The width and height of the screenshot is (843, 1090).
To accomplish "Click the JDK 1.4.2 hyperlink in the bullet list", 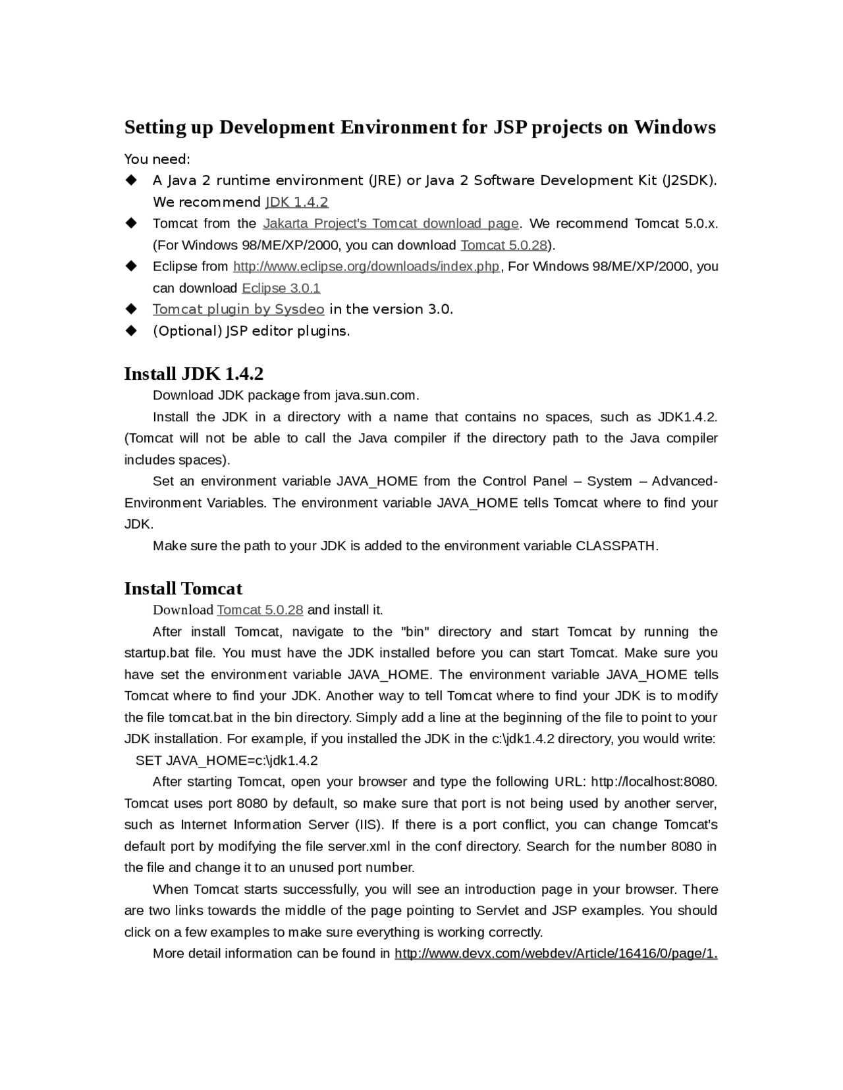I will click(x=296, y=202).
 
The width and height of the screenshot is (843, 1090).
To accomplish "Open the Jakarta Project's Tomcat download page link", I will click(x=391, y=224).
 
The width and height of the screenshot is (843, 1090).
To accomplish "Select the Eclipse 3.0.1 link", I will click(x=281, y=288).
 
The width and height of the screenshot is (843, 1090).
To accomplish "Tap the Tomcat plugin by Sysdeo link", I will click(x=238, y=309).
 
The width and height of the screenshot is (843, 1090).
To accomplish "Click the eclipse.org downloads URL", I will click(x=366, y=267).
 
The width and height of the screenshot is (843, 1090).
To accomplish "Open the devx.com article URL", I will click(x=555, y=954).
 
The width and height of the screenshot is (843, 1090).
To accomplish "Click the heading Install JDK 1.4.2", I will click(x=194, y=374).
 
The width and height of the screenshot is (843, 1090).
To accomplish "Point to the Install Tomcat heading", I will click(x=183, y=588).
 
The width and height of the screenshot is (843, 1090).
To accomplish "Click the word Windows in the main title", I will click(x=674, y=127).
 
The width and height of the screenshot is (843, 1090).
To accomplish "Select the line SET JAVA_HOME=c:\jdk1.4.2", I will click(x=227, y=761).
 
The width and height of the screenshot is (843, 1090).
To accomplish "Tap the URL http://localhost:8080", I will click(x=653, y=782).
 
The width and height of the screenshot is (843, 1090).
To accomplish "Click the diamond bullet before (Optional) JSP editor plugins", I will click(x=131, y=330).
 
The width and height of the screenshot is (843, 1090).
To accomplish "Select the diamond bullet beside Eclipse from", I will click(x=131, y=266).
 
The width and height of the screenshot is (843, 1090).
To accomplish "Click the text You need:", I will click(x=157, y=159).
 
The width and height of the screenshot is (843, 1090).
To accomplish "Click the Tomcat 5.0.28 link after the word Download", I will click(x=260, y=610).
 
